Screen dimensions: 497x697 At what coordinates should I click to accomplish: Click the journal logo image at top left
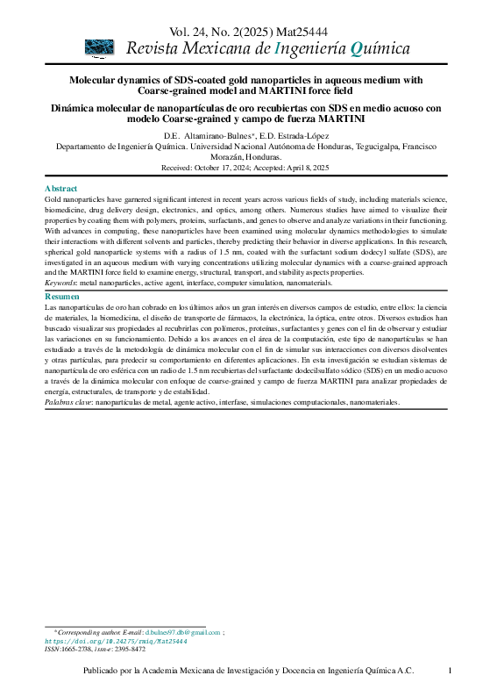pyautogui.click(x=99, y=47)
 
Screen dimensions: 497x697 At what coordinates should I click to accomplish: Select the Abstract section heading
pyautogui.click(x=60, y=189)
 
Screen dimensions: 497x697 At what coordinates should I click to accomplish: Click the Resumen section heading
pyautogui.click(x=62, y=298)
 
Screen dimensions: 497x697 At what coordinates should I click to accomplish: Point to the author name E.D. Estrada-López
pyautogui.click(x=295, y=135)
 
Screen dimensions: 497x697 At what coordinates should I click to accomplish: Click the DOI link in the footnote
pyautogui.click(x=116, y=642)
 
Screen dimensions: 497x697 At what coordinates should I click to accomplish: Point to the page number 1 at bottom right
pyautogui.click(x=450, y=672)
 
